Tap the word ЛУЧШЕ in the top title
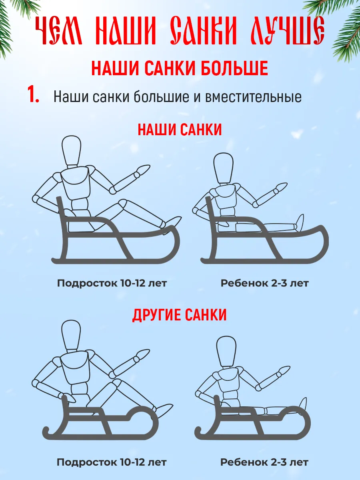[286, 31]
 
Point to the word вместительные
[253, 97]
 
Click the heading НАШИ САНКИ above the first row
[180, 130]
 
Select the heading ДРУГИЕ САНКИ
[180, 315]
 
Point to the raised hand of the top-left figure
[144, 170]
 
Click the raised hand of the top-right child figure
[281, 187]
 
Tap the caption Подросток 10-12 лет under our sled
[112, 283]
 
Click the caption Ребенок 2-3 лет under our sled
[264, 283]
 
